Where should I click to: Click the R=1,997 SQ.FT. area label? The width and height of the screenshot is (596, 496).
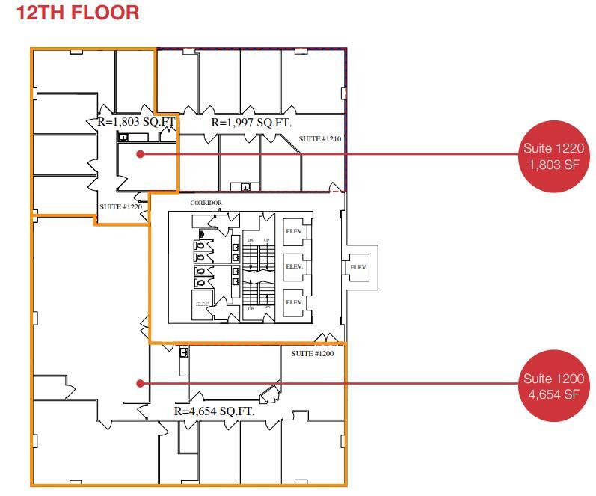tap(251, 122)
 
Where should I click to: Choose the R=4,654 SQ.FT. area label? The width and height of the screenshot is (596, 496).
tap(215, 411)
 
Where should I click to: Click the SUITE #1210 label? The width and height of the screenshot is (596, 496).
tap(320, 139)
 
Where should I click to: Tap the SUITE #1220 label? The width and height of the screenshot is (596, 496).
tap(120, 206)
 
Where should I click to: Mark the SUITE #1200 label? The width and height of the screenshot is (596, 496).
tap(313, 353)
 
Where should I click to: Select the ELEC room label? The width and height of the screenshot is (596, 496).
tap(203, 304)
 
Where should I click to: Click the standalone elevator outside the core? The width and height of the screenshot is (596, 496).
tap(358, 267)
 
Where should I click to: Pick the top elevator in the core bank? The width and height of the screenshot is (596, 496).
tap(294, 231)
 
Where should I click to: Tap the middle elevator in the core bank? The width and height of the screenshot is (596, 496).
tap(294, 266)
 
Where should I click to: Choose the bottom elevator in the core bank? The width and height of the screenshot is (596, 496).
tap(294, 302)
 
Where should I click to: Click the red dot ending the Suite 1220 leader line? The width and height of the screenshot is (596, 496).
tap(140, 154)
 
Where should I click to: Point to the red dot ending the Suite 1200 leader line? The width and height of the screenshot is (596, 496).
tap(140, 383)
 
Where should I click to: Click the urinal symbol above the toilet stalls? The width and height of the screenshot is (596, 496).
tap(200, 232)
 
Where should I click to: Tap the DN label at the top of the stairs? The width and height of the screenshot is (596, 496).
tap(251, 240)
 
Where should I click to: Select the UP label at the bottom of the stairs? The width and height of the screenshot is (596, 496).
tap(251, 308)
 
